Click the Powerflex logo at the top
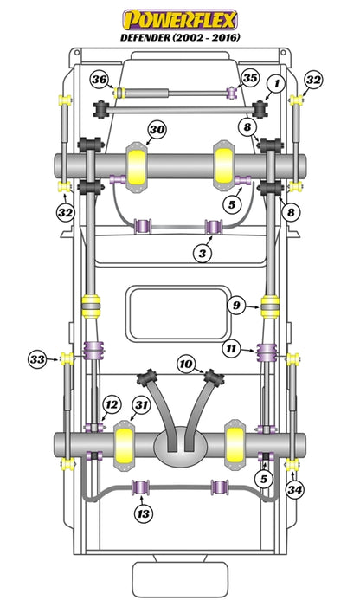pyautogui.click(x=179, y=18)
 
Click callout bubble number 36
pyautogui.click(x=100, y=80)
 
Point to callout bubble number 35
pyautogui.click(x=251, y=79)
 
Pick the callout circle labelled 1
pyautogui.click(x=276, y=83)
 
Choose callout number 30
pyautogui.click(x=156, y=131)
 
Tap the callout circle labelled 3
pyautogui.click(x=201, y=253)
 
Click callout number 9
pyautogui.click(x=236, y=304)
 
